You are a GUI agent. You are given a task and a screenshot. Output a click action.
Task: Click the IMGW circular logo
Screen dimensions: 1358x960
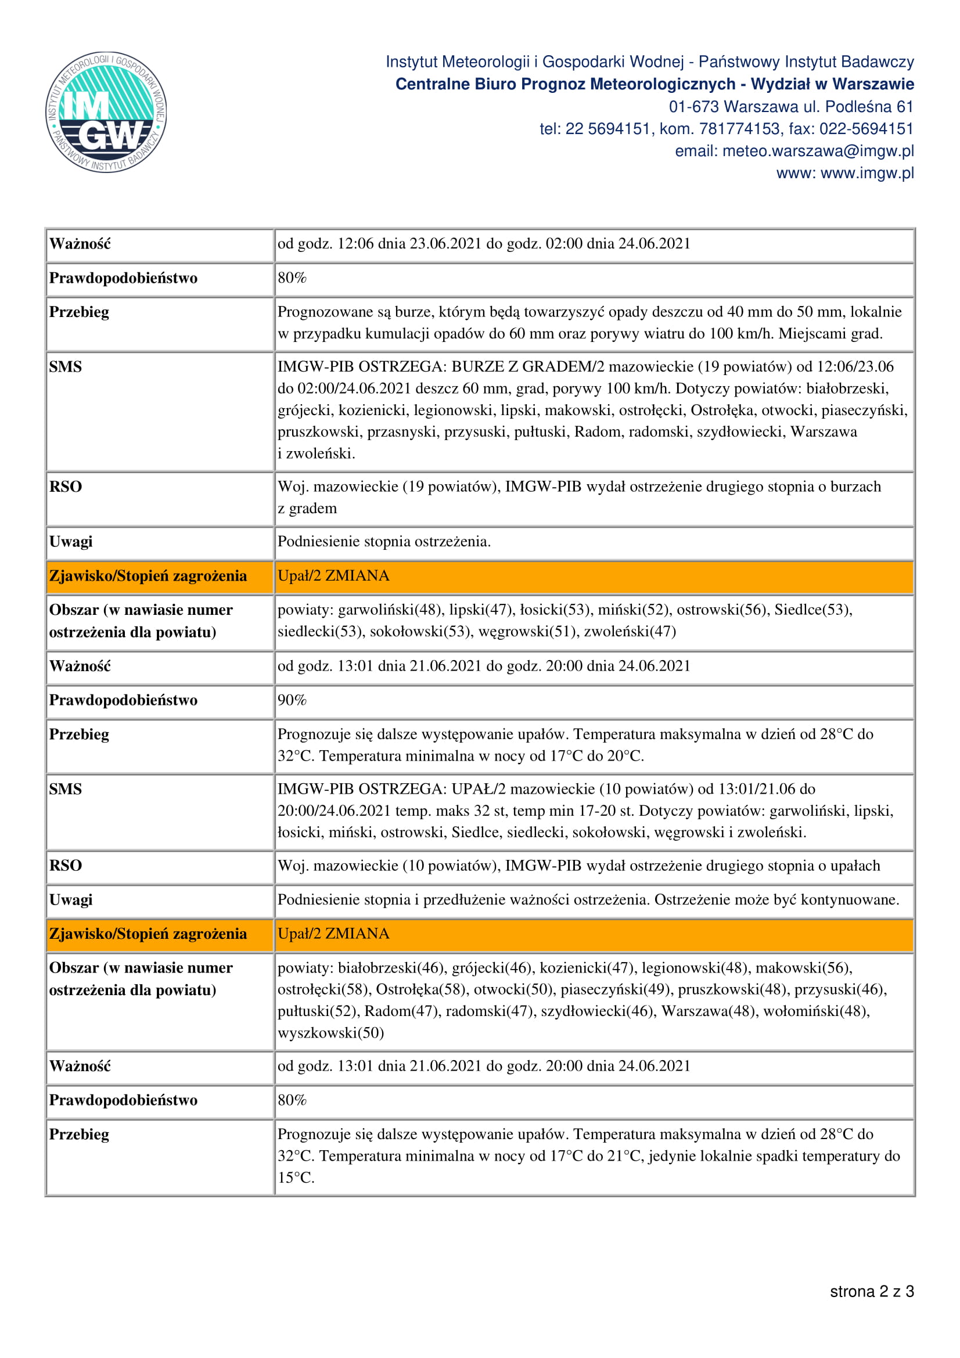pos(106,112)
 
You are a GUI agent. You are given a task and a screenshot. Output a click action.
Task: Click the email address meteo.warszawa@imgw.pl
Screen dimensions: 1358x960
pos(818,152)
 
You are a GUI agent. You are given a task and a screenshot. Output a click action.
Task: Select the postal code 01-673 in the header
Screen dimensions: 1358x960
pos(694,107)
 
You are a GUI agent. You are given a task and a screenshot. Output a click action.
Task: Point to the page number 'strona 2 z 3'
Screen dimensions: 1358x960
pos(871,1292)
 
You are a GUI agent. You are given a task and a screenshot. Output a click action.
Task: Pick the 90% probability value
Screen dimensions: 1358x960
pos(292,700)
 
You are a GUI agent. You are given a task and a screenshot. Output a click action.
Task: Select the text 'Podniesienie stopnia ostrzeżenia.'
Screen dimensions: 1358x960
pos(384,542)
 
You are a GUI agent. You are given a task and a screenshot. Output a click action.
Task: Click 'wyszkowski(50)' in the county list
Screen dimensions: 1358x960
pos(330,1033)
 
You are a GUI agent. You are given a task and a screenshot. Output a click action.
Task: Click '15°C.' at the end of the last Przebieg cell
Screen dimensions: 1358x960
pos(296,1178)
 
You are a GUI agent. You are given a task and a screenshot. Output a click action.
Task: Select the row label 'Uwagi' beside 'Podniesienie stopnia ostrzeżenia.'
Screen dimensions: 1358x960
pos(71,542)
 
